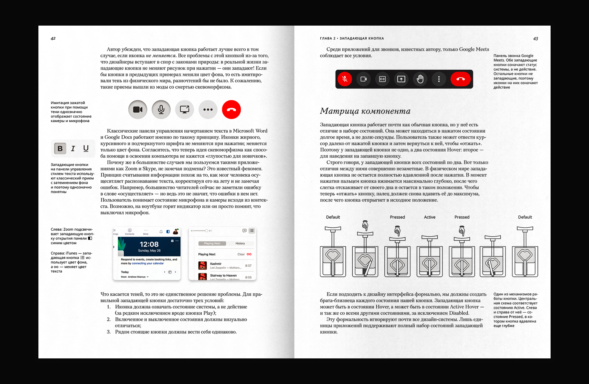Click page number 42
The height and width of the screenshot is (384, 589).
coord(53,38)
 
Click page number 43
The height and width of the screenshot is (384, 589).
coord(535,39)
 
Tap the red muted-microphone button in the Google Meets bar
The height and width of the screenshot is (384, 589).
coord(345,79)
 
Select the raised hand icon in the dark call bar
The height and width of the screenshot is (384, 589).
coord(420,79)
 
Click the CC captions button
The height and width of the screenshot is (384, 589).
coord(382,79)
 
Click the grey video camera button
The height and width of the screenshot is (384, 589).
coord(138,110)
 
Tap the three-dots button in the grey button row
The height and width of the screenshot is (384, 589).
coord(208,110)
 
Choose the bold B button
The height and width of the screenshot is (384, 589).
coord(60,148)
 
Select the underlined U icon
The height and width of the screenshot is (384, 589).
coord(86,148)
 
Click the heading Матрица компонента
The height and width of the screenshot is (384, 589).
coord(365,111)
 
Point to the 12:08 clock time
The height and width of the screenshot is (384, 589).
coord(149,244)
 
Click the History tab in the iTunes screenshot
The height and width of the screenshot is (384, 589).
coord(240,243)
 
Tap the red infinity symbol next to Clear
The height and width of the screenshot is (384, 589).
coord(249,254)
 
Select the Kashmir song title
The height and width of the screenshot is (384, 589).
coord(216,264)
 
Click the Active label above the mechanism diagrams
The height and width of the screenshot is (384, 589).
coord(429,217)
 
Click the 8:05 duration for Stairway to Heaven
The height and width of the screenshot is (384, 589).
coord(248,277)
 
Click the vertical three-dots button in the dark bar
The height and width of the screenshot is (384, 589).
coord(439,79)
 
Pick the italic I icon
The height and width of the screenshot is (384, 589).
coord(73,148)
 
